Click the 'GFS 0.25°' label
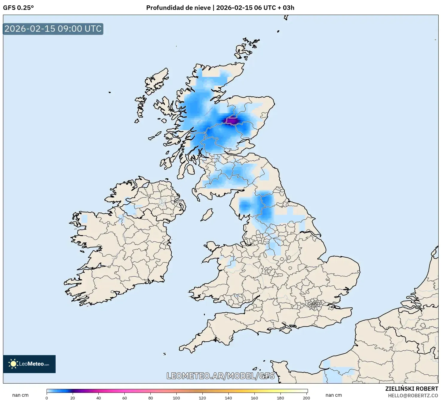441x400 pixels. coord(18,8)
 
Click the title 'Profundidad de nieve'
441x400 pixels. coord(178,8)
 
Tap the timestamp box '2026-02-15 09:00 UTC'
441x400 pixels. coord(53,29)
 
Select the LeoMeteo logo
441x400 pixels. coord(29,364)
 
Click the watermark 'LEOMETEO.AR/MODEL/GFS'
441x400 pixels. coord(220,376)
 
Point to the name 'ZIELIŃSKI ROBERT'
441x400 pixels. coord(411,389)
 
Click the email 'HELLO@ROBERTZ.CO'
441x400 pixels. coord(413,396)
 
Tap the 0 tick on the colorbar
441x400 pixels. coord(47,398)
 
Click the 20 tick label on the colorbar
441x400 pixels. coord(73,398)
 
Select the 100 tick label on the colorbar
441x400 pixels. coord(176,398)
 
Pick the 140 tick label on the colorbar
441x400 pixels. coord(228,398)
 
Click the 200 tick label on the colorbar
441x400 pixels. coord(306,398)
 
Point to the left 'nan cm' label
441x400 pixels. coord(20,395)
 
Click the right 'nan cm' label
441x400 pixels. coord(334,395)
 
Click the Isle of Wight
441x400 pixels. coord(286,330)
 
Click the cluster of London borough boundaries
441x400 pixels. coord(315,305)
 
